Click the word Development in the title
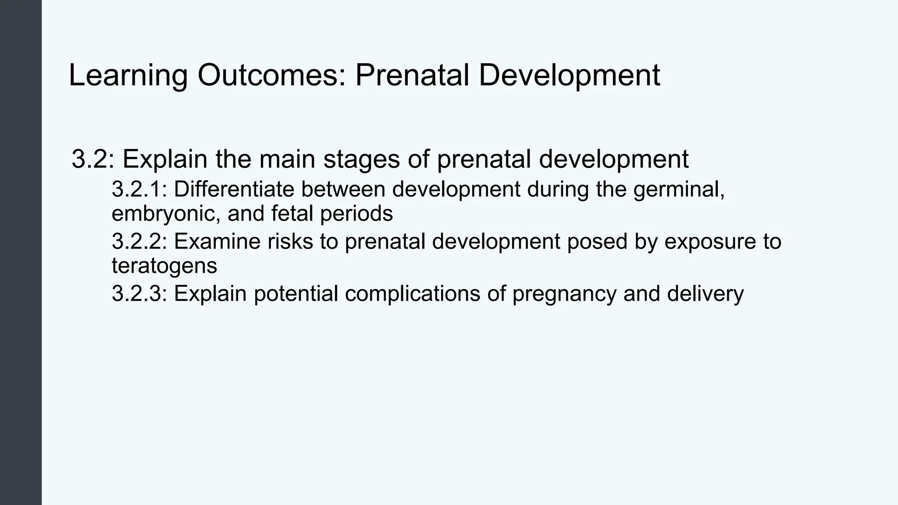click(569, 75)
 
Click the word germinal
click(678, 189)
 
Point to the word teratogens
click(164, 266)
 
